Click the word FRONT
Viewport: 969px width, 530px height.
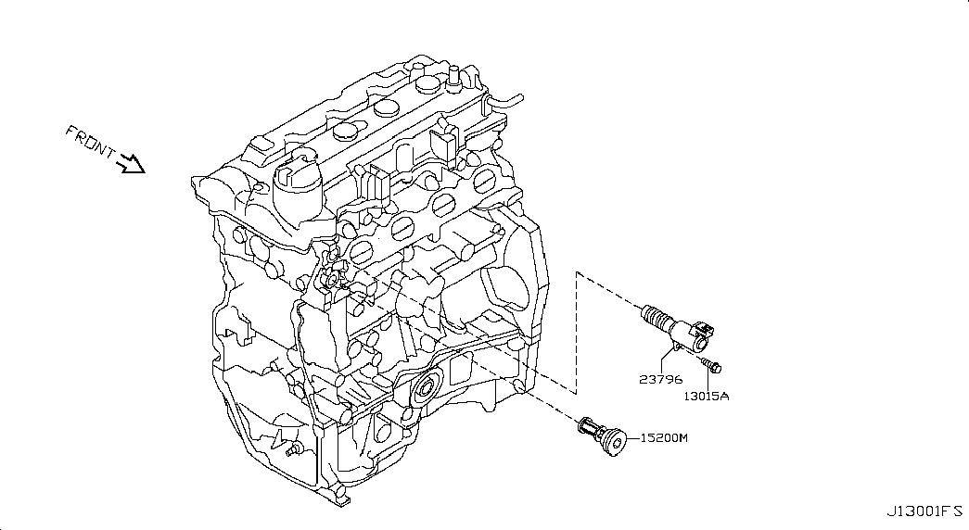[90, 142]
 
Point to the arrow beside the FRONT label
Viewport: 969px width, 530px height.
[131, 164]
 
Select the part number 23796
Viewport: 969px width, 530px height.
[660, 379]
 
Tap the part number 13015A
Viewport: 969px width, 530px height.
[706, 396]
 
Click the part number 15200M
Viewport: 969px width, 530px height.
[664, 438]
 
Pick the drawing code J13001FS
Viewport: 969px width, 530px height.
[924, 511]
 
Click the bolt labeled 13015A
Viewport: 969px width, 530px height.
[709, 364]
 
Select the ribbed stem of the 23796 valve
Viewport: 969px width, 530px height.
[657, 316]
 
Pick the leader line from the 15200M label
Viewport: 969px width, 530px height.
[633, 438]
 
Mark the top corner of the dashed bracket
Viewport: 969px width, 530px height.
[577, 271]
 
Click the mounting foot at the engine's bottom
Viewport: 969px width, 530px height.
[339, 498]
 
